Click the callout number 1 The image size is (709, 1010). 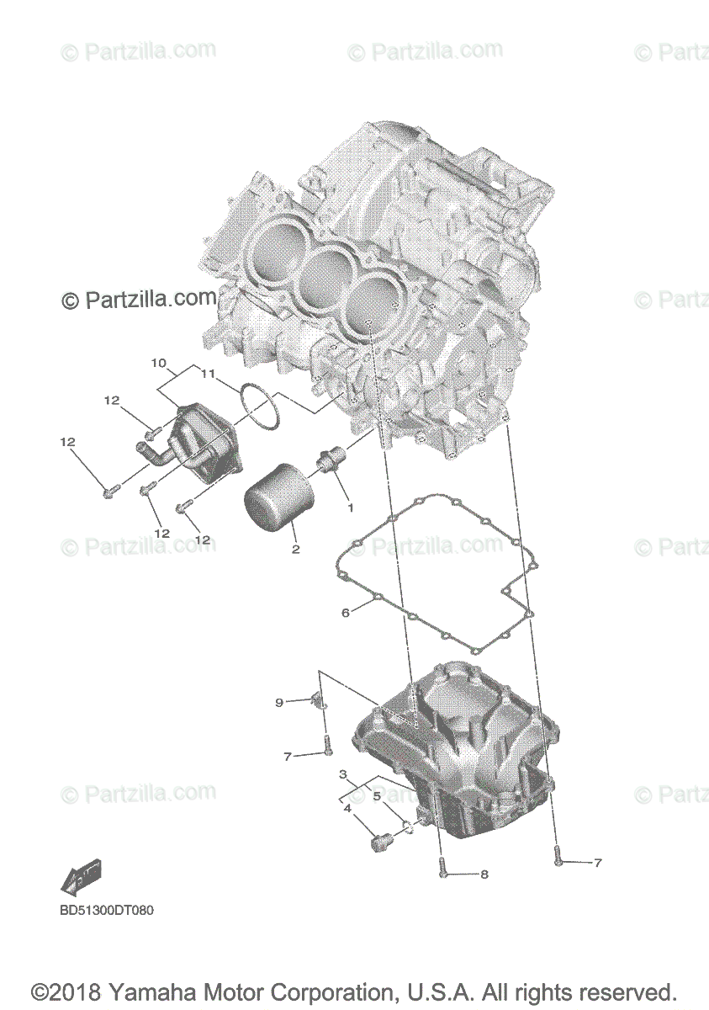pyautogui.click(x=350, y=508)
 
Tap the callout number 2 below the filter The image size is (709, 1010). pyautogui.click(x=295, y=550)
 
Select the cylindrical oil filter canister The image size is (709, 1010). pyautogui.click(x=278, y=500)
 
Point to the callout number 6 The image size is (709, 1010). pyautogui.click(x=345, y=613)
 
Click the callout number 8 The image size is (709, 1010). pyautogui.click(x=484, y=874)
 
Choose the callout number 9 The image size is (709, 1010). pyautogui.click(x=279, y=702)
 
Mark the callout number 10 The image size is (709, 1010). pyautogui.click(x=158, y=363)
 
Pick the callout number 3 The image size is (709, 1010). pyautogui.click(x=343, y=773)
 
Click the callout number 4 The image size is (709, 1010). pyautogui.click(x=347, y=809)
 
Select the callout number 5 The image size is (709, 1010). pyautogui.click(x=377, y=795)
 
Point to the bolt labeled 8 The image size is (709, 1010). pyautogui.click(x=442, y=874)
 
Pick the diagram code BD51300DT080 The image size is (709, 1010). pyautogui.click(x=107, y=911)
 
